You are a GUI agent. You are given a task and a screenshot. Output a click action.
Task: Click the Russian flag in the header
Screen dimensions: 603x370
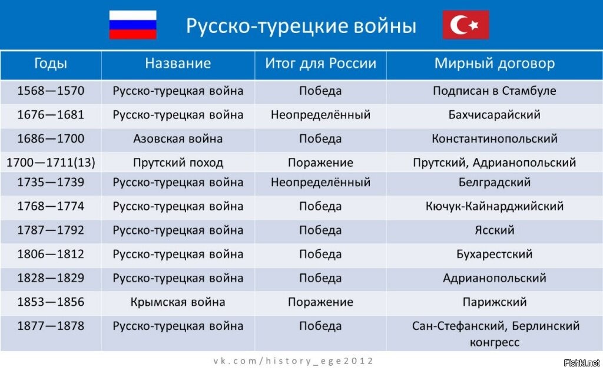[x=132, y=25]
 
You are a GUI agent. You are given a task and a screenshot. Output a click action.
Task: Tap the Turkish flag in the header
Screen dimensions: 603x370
[x=466, y=25]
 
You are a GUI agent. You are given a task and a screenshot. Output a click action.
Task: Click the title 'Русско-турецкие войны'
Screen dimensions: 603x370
[x=301, y=26]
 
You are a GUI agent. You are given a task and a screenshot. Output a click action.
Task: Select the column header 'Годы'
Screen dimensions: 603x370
[x=51, y=63]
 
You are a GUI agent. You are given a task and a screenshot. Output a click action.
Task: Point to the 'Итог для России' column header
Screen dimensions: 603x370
[x=321, y=63]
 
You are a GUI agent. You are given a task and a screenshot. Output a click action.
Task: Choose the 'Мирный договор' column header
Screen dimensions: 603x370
[x=495, y=63]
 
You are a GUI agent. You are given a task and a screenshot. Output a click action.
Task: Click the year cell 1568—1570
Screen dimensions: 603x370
[x=51, y=91]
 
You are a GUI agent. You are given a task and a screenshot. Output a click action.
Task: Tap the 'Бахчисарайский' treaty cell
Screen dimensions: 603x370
[x=495, y=115]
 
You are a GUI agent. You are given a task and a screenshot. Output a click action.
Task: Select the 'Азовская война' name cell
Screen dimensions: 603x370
[x=178, y=138]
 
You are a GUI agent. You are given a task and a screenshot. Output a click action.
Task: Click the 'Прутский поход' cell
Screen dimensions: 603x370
[x=178, y=163]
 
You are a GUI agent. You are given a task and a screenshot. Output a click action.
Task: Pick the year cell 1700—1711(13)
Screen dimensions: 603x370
[x=51, y=163]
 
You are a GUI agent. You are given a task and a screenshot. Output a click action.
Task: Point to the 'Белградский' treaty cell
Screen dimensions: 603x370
[x=495, y=182]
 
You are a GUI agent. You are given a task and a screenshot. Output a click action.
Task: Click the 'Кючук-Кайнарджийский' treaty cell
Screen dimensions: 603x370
[x=495, y=206]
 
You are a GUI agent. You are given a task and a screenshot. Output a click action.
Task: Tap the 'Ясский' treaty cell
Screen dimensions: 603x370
[x=495, y=230]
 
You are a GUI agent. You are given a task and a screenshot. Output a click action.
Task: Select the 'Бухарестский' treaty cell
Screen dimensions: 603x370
[x=495, y=254]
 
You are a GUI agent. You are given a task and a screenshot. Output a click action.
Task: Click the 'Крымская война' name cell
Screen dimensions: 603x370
[x=178, y=302]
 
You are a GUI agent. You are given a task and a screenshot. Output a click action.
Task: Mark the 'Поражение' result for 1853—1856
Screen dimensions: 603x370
[x=321, y=302]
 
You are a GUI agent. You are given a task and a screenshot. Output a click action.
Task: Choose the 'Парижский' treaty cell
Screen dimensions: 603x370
[x=495, y=302]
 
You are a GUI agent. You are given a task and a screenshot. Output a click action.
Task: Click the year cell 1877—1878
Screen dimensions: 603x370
[x=51, y=326]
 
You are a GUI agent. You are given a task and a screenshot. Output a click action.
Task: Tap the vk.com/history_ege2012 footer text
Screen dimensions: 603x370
[x=293, y=361]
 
